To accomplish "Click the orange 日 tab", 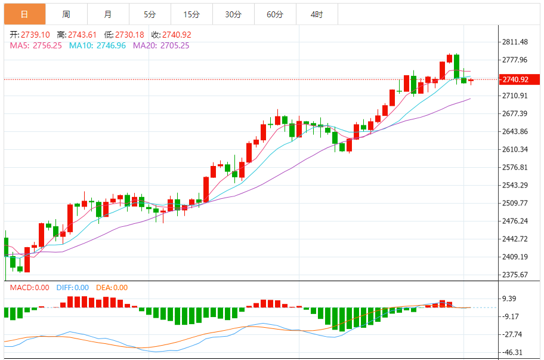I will pyautogui.click(x=24, y=14).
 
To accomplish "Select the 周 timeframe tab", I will pyautogui.click(x=66, y=14).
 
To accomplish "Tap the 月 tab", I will pyautogui.click(x=107, y=14).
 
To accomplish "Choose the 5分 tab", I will pyautogui.click(x=149, y=14).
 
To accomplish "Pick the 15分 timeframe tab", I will pyautogui.click(x=191, y=14).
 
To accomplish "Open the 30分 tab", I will pyautogui.click(x=233, y=14).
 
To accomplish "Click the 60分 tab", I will pyautogui.click(x=275, y=14).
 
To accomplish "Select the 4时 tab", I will pyautogui.click(x=317, y=14).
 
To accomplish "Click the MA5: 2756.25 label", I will pyautogui.click(x=36, y=45).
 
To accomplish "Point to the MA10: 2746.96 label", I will pyautogui.click(x=97, y=45).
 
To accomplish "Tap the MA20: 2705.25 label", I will pyautogui.click(x=161, y=45).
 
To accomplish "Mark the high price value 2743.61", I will pyautogui.click(x=83, y=35).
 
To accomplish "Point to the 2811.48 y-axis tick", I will pyautogui.click(x=515, y=42).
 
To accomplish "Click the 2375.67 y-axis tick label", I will pyautogui.click(x=515, y=275).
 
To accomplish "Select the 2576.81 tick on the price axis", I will pyautogui.click(x=515, y=167).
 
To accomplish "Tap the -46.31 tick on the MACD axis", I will pyautogui.click(x=513, y=352).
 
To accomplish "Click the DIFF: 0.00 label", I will pyautogui.click(x=73, y=288).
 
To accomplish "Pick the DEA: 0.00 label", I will pyautogui.click(x=112, y=288).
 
